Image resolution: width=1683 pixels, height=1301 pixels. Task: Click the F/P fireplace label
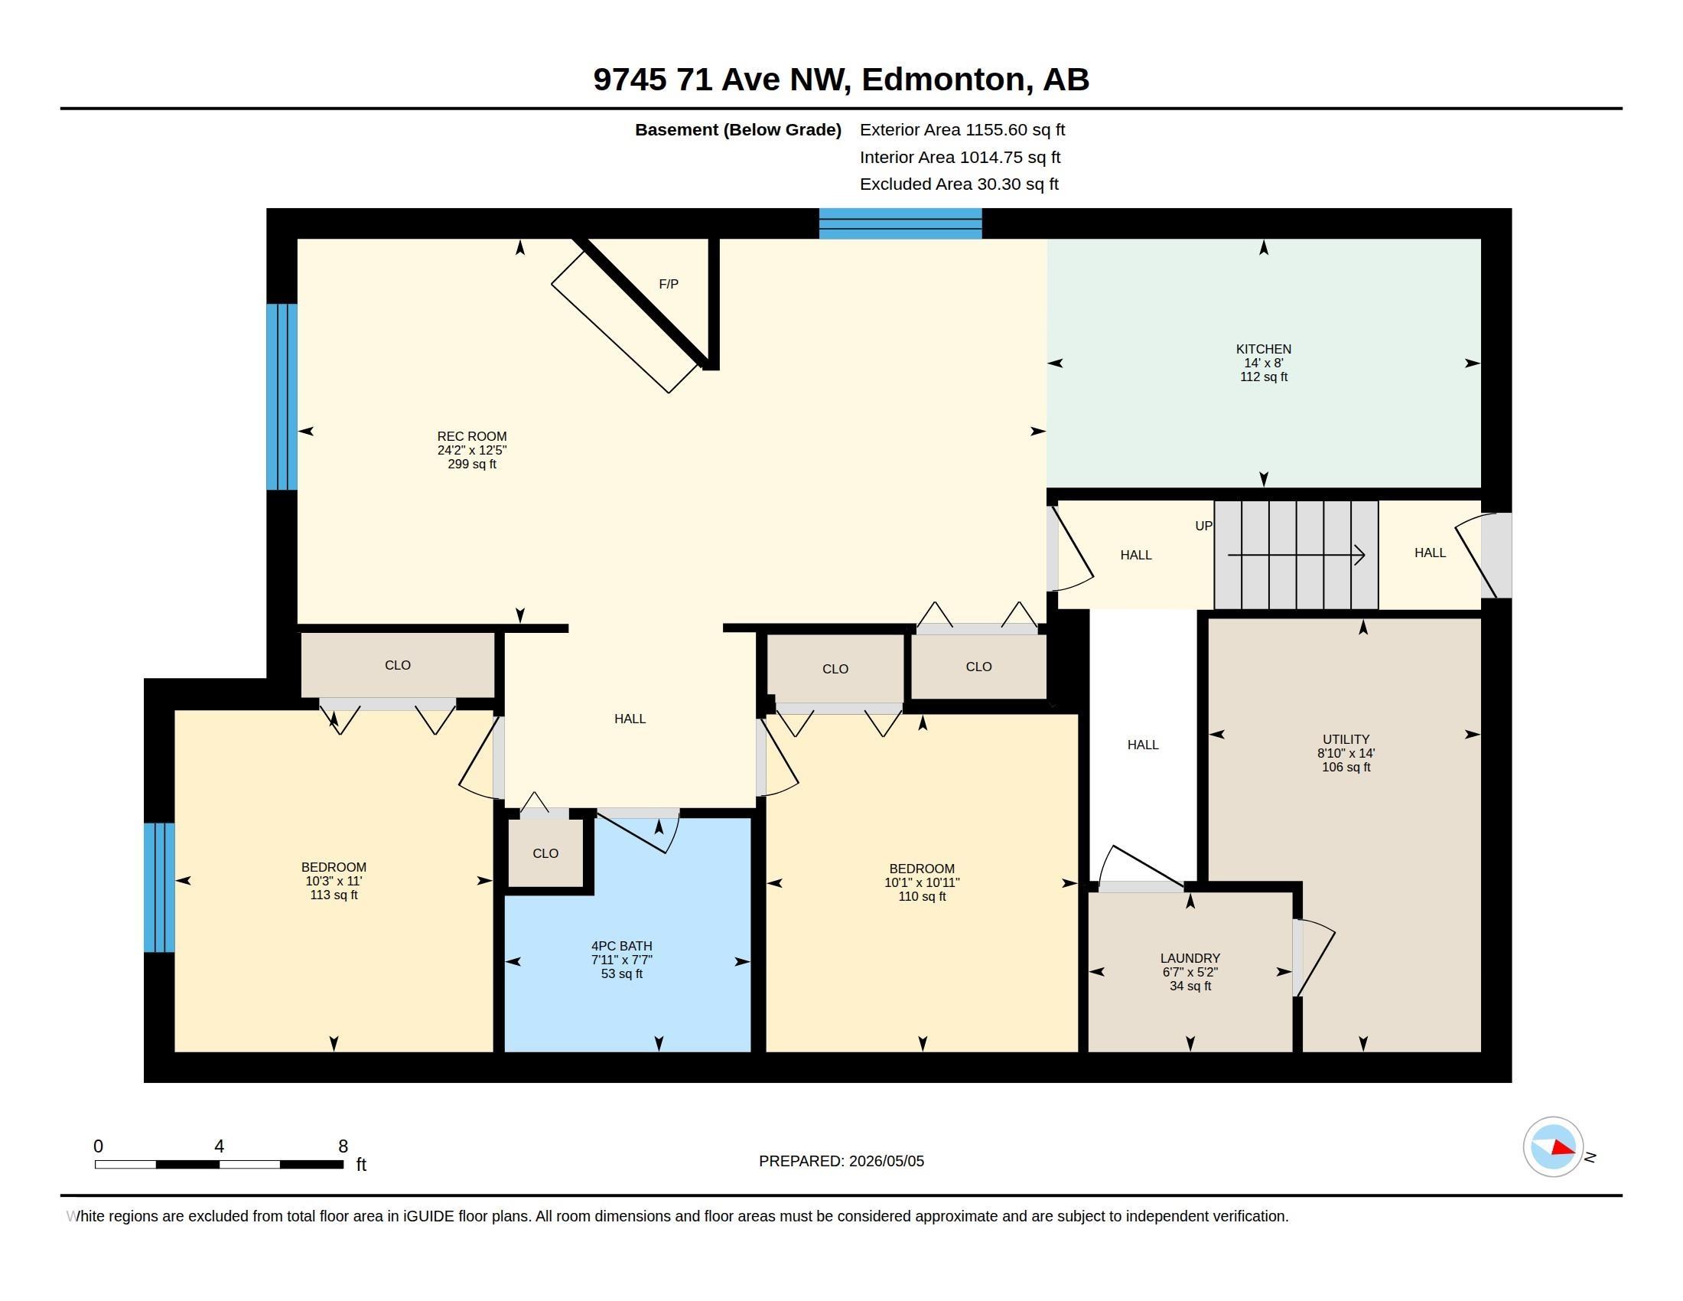click(x=668, y=285)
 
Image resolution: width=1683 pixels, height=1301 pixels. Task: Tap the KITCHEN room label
click(x=1263, y=349)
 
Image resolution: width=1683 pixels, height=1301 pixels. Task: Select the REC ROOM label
click(x=471, y=436)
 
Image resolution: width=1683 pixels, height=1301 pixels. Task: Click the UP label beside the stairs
click(x=1203, y=526)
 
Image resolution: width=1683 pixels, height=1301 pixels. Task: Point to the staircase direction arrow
click(x=1296, y=555)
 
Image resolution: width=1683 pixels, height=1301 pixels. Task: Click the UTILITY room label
click(x=1346, y=739)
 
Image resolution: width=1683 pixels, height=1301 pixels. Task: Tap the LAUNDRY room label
click(x=1190, y=958)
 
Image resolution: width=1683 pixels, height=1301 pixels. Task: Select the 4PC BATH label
click(x=621, y=946)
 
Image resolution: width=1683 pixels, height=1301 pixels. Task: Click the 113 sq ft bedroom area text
click(x=334, y=895)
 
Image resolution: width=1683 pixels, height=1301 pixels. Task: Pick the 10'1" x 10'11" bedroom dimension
click(x=922, y=882)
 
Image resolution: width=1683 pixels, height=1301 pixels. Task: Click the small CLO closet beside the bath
click(x=545, y=853)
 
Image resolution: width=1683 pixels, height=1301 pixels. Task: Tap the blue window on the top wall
click(x=900, y=223)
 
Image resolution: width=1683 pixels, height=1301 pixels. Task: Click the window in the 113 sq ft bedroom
click(x=160, y=887)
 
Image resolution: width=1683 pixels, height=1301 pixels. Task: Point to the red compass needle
click(x=1563, y=1149)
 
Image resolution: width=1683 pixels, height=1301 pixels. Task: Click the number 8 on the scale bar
click(x=343, y=1146)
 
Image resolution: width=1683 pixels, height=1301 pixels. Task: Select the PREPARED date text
click(x=841, y=1161)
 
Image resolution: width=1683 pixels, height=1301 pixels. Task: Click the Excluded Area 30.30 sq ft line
click(x=959, y=184)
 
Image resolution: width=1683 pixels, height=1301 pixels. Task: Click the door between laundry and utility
click(x=1313, y=958)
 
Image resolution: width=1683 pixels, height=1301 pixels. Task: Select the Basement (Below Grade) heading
click(x=737, y=130)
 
